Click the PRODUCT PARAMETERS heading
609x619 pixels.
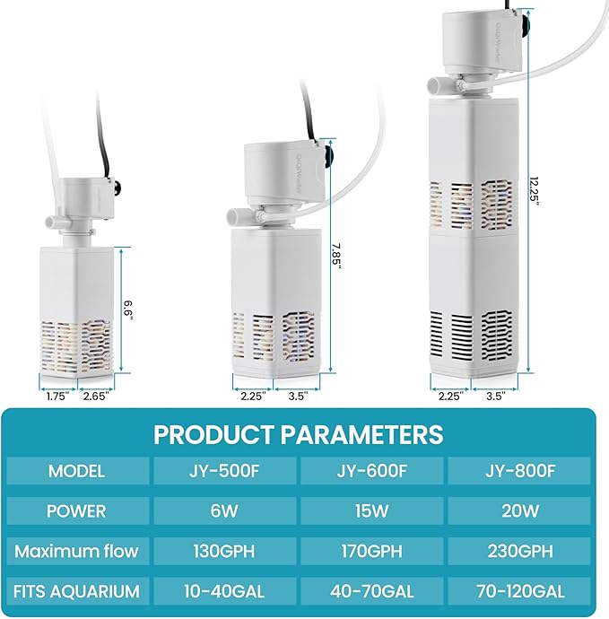[x=298, y=435]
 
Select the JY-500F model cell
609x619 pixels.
[x=223, y=471]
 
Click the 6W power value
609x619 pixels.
[x=223, y=511]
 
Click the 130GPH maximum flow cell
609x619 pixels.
[x=223, y=551]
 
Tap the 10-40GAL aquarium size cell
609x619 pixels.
[x=223, y=591]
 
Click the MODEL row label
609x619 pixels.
[x=77, y=471]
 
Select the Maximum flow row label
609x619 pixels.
[x=77, y=551]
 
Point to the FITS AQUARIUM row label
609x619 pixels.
[x=77, y=591]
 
